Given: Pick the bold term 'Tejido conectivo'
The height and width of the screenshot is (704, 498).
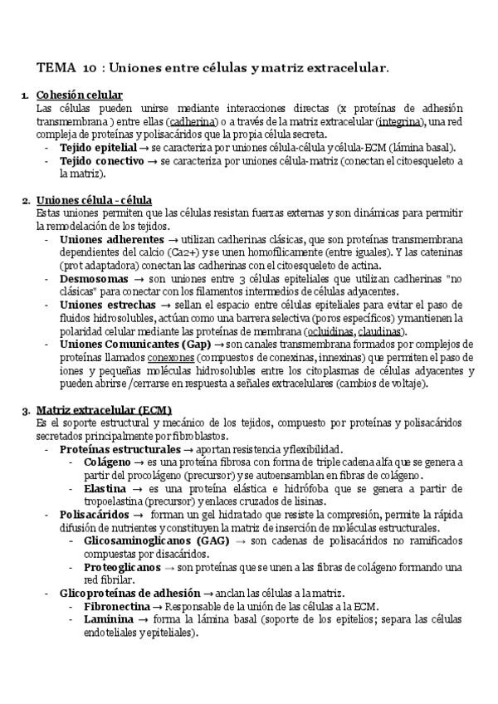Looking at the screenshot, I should tap(101, 161).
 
